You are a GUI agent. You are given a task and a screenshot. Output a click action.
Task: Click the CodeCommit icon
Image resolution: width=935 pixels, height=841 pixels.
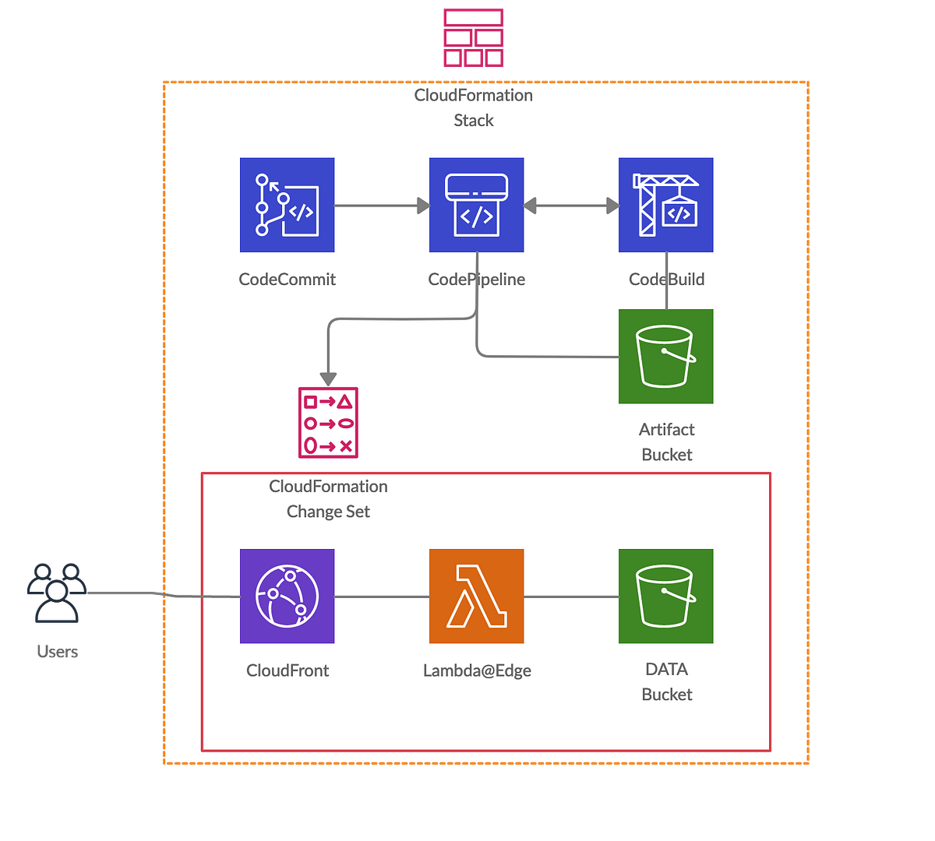[x=287, y=206]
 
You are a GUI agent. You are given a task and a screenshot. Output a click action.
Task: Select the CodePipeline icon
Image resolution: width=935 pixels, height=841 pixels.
[x=476, y=206]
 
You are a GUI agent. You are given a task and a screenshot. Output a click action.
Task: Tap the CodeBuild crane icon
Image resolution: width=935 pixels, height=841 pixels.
[x=665, y=206]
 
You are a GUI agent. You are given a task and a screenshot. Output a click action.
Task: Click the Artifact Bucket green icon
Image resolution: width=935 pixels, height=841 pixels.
[x=665, y=357]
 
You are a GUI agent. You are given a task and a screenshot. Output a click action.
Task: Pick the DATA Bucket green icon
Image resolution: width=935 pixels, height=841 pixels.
[x=665, y=596]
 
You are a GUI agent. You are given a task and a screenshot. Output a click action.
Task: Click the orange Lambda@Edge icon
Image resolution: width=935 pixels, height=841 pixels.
[x=476, y=596]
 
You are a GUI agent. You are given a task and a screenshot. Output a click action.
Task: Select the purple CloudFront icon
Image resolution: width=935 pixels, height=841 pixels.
[x=287, y=596]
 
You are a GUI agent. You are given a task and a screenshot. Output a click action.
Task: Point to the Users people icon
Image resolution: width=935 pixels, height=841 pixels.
[x=57, y=592]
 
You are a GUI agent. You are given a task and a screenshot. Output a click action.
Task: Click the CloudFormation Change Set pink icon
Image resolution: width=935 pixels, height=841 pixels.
[x=328, y=423]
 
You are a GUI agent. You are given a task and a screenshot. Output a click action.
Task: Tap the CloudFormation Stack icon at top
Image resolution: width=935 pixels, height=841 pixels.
[x=473, y=37]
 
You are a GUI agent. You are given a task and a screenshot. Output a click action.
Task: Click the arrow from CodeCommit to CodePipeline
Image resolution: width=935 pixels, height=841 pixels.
[x=381, y=206]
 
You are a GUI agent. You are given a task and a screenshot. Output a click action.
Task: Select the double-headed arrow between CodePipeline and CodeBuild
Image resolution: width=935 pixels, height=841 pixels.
[x=571, y=206]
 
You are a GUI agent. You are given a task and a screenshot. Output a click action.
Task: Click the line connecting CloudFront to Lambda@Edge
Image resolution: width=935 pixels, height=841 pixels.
[x=382, y=596]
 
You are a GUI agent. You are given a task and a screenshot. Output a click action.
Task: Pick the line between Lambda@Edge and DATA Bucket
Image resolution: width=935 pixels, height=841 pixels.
[x=571, y=596]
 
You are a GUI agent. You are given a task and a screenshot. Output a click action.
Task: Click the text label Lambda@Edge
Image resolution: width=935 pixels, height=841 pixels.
[x=477, y=670]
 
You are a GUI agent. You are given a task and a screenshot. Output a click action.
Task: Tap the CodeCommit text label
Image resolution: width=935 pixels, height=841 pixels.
[x=287, y=280]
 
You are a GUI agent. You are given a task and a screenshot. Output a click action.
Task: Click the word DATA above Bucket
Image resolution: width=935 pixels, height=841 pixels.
[x=666, y=670]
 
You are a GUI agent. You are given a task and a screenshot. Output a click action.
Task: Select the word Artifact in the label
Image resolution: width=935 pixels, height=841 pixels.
[x=666, y=430]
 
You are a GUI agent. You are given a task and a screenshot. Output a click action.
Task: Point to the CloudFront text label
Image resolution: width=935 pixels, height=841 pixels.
[x=288, y=670]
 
